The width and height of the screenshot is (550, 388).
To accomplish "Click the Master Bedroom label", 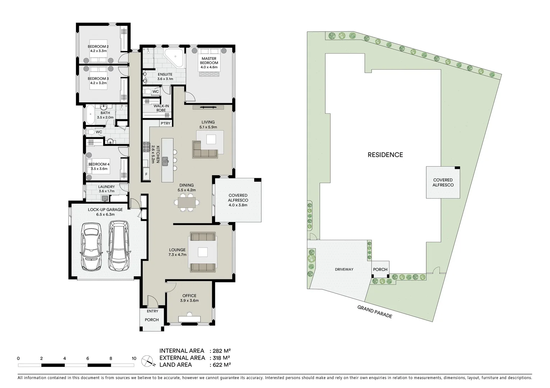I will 209,61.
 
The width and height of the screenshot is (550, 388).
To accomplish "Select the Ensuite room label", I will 165,77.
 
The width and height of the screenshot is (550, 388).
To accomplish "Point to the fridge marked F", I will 146,175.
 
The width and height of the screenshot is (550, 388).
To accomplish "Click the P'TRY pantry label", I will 165,123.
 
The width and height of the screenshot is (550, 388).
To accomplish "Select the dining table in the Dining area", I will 186,203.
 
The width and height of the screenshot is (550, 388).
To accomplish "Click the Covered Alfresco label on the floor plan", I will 238,200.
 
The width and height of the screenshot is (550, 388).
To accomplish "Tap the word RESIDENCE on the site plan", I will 385,155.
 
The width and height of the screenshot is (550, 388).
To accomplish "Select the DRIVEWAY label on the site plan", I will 344,269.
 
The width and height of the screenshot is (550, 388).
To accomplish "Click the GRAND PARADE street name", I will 374,311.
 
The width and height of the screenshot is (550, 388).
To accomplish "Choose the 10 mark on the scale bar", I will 134,358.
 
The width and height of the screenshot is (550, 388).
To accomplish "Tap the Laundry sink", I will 105,198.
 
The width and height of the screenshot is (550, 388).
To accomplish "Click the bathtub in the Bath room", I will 90,115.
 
